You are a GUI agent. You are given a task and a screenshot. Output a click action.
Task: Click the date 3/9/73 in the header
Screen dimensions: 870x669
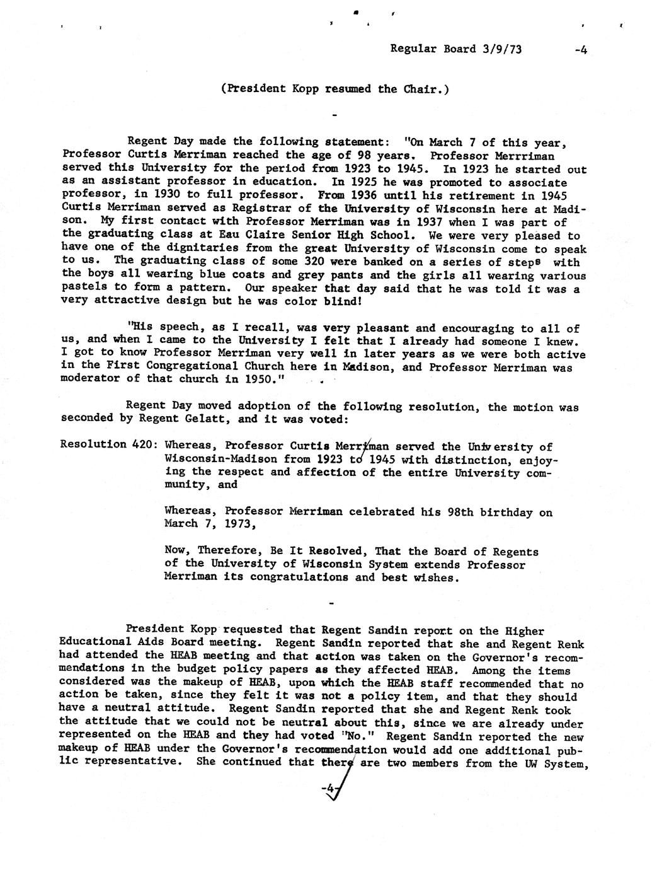tap(501, 49)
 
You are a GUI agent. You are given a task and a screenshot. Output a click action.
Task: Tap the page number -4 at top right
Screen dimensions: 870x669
tap(580, 50)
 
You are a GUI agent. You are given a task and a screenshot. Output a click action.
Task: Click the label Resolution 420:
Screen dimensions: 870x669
tap(105, 444)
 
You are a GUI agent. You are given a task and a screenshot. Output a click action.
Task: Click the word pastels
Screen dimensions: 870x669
tap(85, 289)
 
